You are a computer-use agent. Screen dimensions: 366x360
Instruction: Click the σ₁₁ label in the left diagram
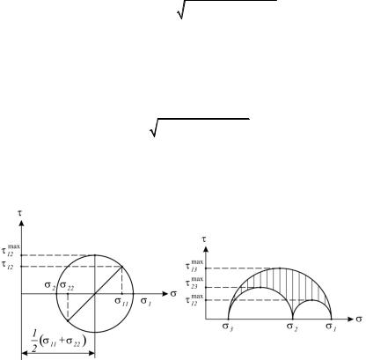(x=121, y=302)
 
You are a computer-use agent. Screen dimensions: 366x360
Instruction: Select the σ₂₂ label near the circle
(x=67, y=286)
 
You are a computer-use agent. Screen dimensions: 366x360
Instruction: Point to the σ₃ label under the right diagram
(x=227, y=327)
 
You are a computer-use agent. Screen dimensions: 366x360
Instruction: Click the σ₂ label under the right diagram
(x=292, y=327)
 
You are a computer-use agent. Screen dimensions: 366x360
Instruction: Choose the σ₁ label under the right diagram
(x=331, y=327)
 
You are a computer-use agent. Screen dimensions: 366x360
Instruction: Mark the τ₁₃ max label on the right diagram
(x=194, y=266)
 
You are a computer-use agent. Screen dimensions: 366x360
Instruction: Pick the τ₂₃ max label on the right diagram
(x=194, y=283)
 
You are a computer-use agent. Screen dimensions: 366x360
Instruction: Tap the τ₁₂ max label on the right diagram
(x=194, y=300)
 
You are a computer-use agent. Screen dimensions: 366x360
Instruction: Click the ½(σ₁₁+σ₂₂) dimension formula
(x=59, y=341)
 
